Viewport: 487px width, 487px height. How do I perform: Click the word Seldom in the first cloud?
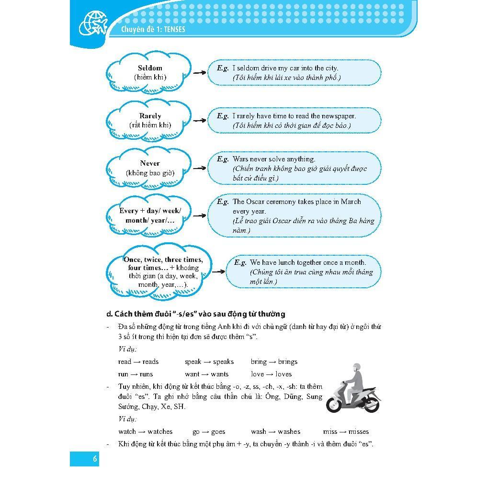150,68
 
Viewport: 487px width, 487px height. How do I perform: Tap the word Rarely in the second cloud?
150,116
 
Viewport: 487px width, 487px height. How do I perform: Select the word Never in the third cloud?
150,163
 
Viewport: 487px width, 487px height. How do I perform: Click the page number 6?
95,459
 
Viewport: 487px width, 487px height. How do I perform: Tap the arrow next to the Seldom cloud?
199,73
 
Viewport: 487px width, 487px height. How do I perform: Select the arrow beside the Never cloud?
199,168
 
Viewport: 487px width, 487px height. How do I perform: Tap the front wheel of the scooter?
334,405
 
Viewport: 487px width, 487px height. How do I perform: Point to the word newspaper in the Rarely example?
338,116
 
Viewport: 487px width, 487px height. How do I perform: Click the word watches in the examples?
160,431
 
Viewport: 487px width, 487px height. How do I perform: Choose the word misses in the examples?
359,431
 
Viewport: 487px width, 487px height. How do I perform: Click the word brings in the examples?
287,362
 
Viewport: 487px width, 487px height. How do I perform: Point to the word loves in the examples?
283,374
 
